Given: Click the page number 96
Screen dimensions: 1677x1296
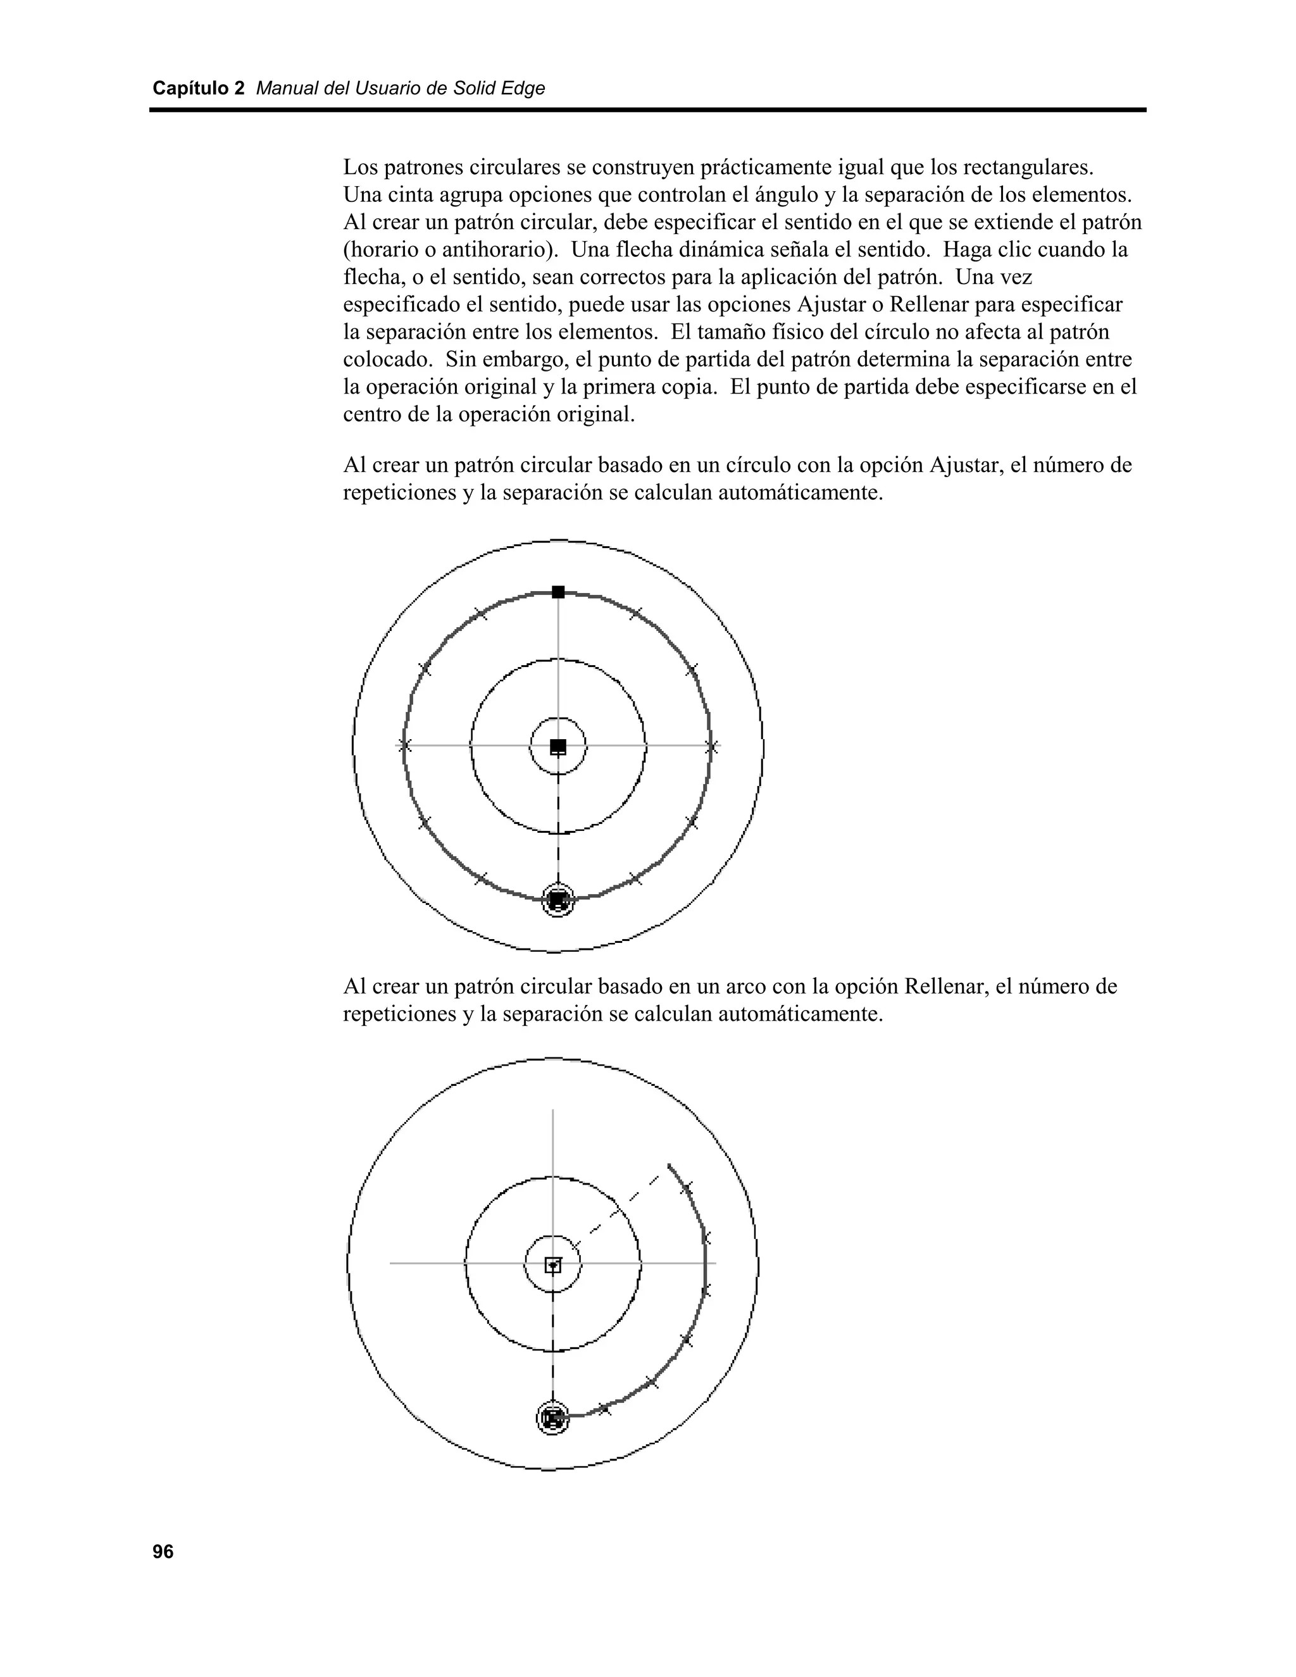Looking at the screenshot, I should click(163, 1552).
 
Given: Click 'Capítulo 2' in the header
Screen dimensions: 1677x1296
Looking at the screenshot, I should click(198, 89).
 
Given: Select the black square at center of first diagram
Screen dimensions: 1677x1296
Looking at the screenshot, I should click(558, 745).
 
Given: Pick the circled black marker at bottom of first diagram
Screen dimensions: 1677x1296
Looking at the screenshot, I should click(558, 900).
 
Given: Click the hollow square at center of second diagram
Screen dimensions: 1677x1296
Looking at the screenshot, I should click(553, 1264).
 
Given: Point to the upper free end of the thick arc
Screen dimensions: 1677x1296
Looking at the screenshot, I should click(669, 1165).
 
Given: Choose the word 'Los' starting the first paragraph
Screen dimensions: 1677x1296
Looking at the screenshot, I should click(359, 168).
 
